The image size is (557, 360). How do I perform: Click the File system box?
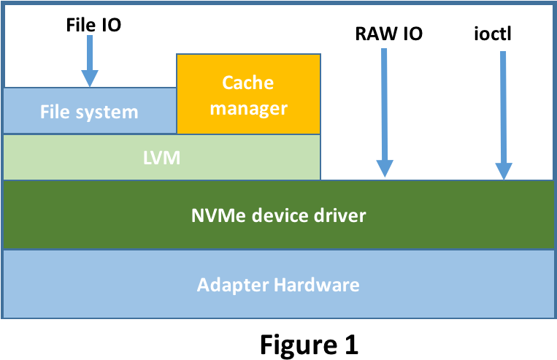89,111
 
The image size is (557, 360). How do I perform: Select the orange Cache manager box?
248,95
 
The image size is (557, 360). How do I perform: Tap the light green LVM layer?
161,157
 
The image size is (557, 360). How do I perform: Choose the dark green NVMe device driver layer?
278,215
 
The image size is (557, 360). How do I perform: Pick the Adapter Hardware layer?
278,284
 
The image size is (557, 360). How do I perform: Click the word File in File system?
55,112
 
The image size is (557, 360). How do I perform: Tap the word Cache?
248,82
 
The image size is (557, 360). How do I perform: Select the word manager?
248,109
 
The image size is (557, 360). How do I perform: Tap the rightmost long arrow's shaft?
503,102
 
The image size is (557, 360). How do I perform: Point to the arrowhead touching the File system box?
89,78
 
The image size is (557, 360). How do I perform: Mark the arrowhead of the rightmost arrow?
503,169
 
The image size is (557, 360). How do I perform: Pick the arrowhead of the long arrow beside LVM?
384,169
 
